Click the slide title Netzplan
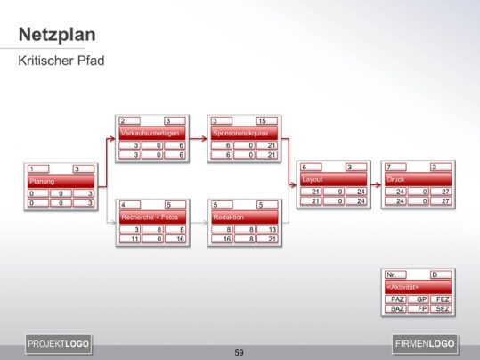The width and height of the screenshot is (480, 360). coord(58,36)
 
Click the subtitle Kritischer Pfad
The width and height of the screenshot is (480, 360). coord(59,63)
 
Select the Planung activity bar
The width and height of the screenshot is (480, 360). coord(60,181)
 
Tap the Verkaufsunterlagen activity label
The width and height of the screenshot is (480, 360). coord(151,133)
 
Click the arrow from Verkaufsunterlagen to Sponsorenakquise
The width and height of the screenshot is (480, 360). coord(197,138)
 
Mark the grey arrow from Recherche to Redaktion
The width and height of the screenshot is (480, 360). coord(197,220)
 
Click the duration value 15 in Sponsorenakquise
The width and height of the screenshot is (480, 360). coord(263,120)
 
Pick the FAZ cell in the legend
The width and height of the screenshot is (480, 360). coord(396,299)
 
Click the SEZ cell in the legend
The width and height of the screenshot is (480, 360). coord(441,308)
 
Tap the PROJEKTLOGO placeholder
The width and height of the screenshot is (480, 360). coord(58,343)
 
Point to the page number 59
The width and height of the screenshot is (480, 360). coord(239,353)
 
